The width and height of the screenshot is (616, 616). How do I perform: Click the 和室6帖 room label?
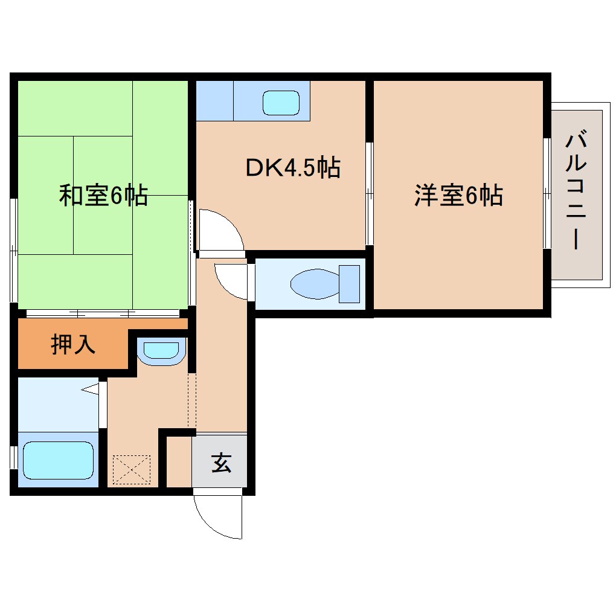click(x=103, y=196)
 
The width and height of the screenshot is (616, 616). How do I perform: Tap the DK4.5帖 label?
click(x=292, y=167)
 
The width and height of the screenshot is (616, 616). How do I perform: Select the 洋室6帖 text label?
click(x=459, y=196)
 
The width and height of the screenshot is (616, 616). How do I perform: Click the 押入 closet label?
click(x=73, y=345)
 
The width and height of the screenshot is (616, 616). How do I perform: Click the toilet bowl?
click(x=315, y=283)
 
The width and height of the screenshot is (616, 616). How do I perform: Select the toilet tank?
click(x=350, y=283)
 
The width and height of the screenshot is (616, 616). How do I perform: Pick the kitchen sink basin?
click(x=281, y=103)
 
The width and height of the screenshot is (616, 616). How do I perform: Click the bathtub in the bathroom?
click(x=58, y=460)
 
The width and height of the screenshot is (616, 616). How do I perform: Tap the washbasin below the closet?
click(x=160, y=351)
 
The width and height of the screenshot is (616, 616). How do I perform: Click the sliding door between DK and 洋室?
click(x=369, y=193)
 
